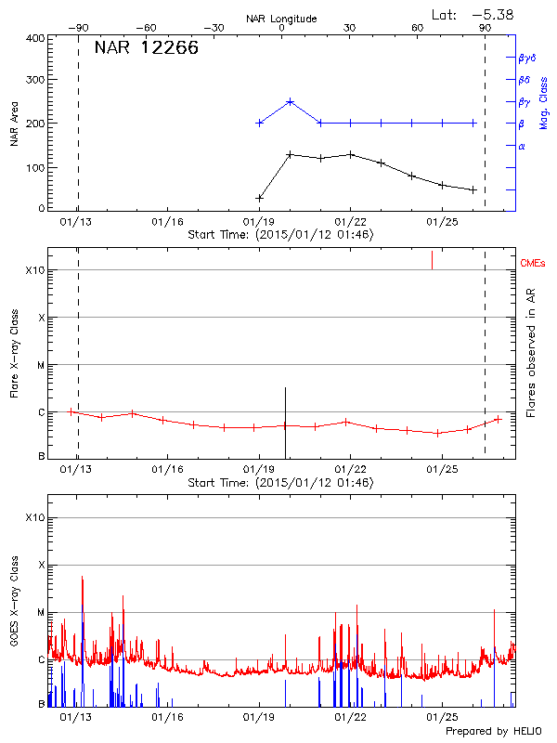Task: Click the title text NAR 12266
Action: (x=146, y=48)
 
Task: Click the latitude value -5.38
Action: (x=492, y=14)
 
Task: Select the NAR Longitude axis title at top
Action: (x=282, y=18)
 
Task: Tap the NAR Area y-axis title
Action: (x=14, y=124)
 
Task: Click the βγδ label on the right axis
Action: (x=526, y=58)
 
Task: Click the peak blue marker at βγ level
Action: (x=290, y=101)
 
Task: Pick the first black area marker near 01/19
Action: (x=259, y=198)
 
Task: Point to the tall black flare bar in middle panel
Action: (x=285, y=418)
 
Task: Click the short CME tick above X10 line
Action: (x=432, y=259)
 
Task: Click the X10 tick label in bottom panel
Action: (x=34, y=517)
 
